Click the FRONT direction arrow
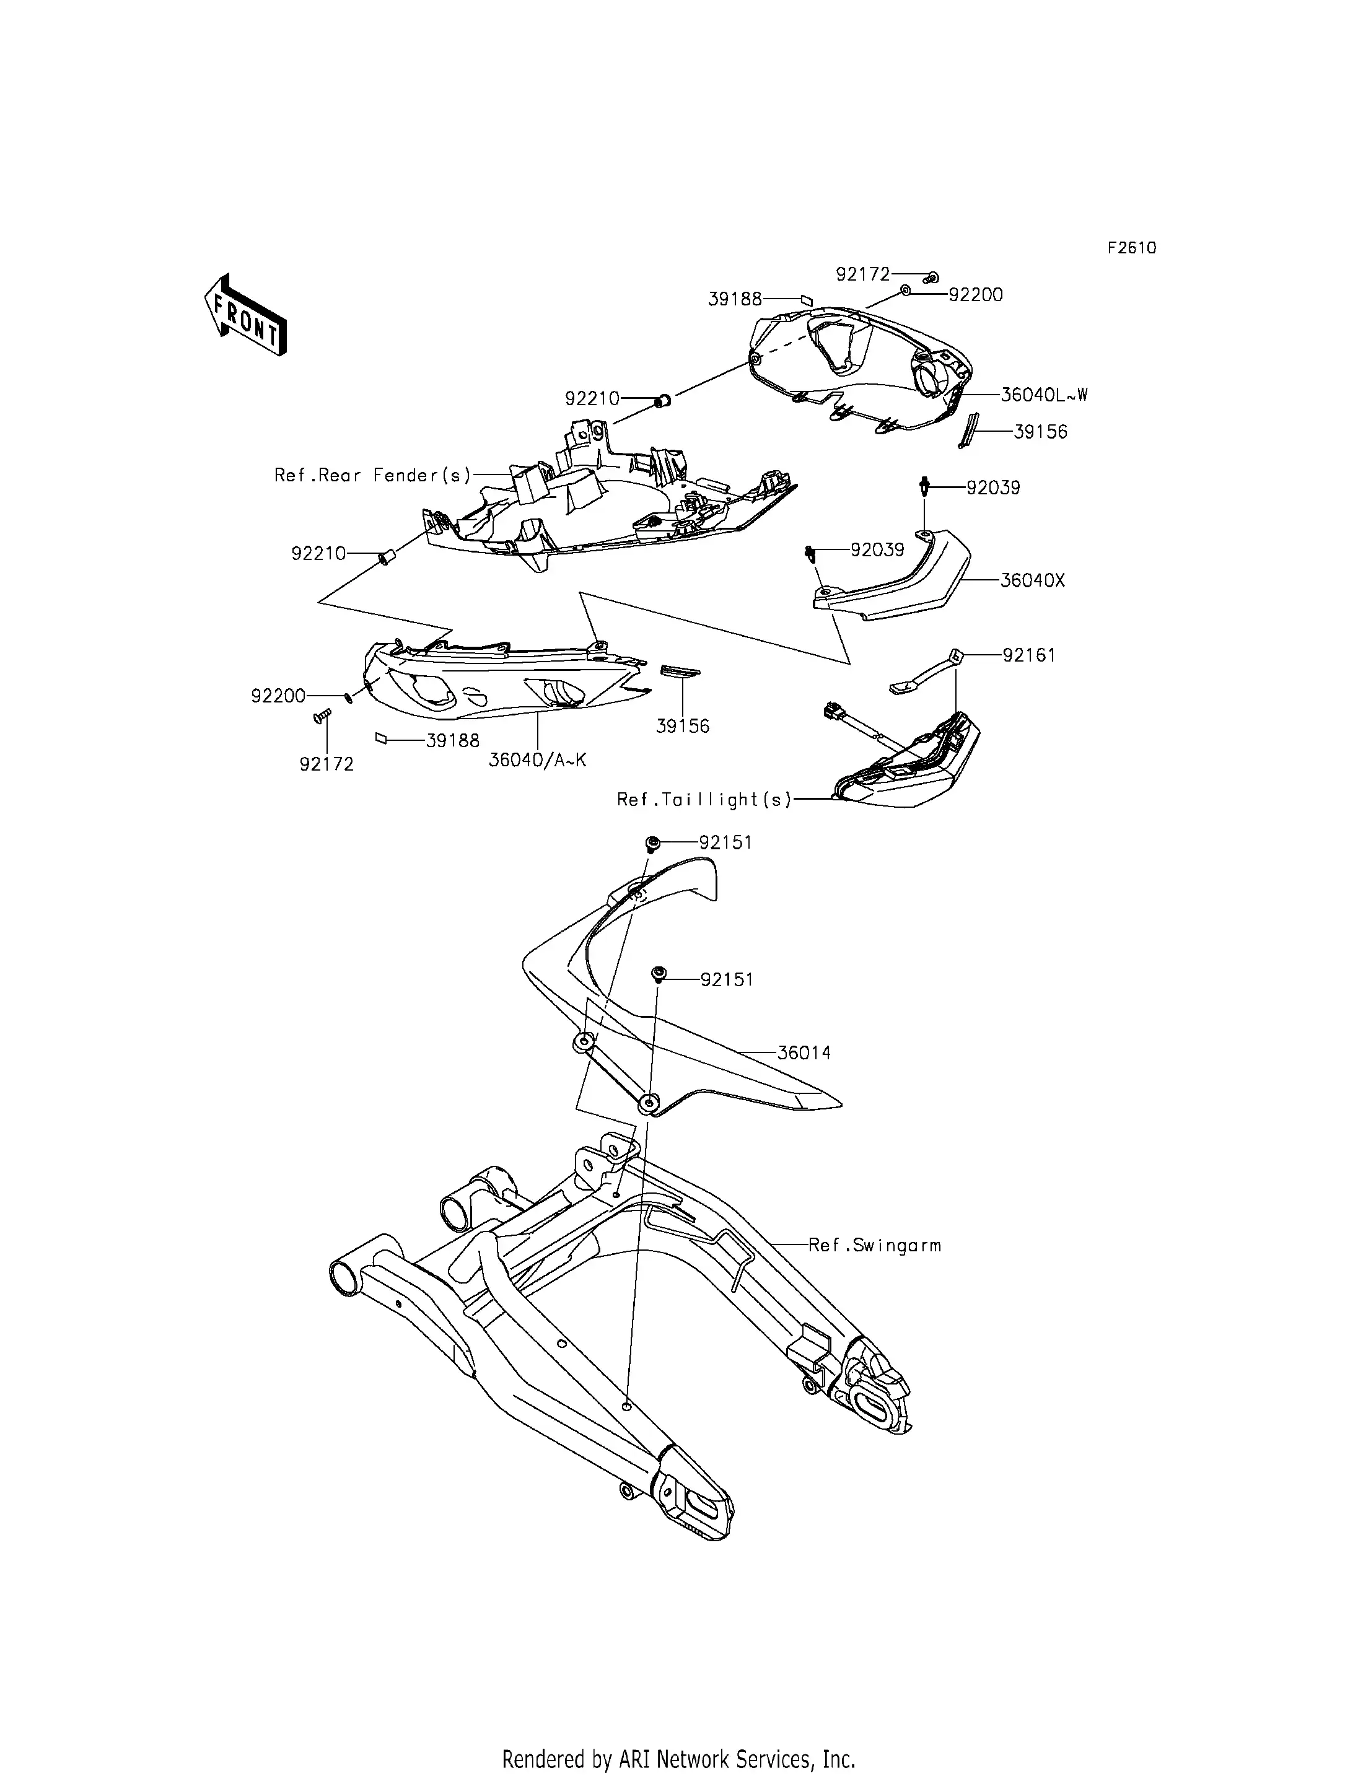point(245,315)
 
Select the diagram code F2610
point(1132,248)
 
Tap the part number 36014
point(804,1052)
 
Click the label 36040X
point(1032,580)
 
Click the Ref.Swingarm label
point(875,1245)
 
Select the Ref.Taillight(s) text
point(704,800)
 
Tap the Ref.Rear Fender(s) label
point(372,475)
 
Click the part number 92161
point(1029,655)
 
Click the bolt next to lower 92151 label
point(658,975)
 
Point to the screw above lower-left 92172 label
point(323,715)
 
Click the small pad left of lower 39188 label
point(382,737)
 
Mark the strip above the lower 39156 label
point(681,671)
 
